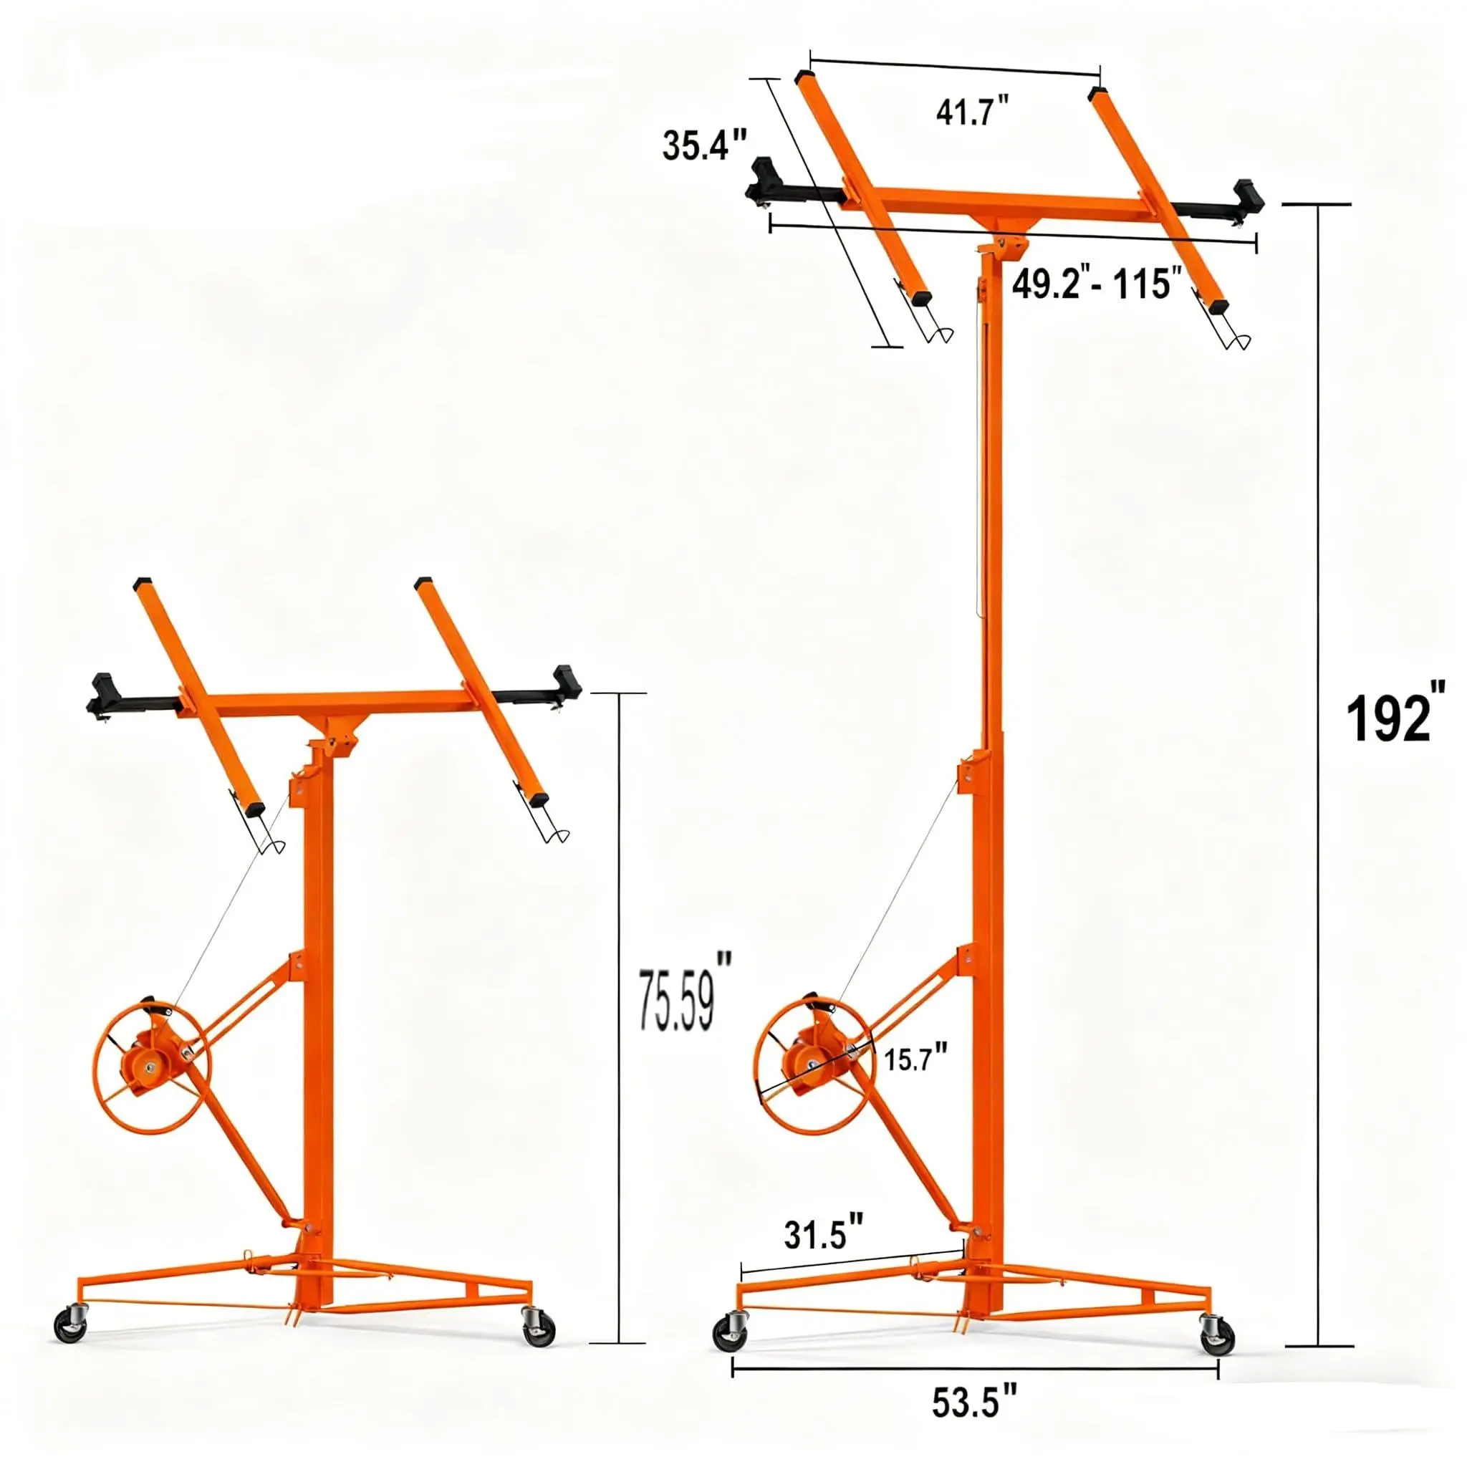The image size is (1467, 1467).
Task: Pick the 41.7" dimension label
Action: [x=973, y=111]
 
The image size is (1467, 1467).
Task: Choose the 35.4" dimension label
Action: [x=705, y=144]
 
